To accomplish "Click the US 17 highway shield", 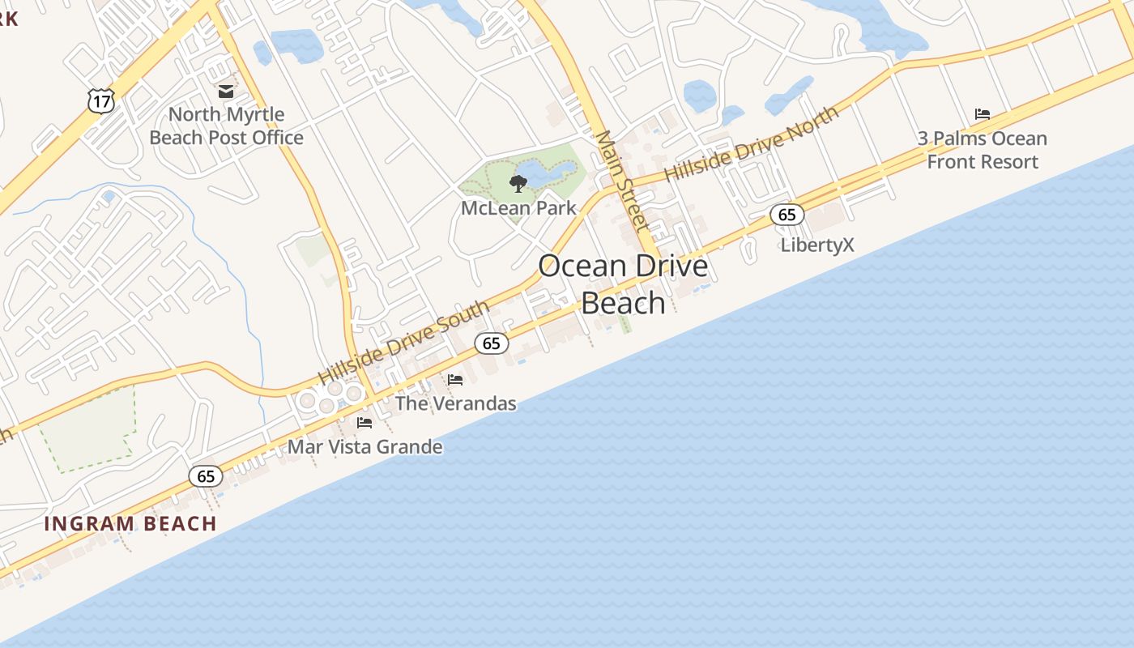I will (x=101, y=101).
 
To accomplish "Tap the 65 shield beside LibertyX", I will (x=787, y=215).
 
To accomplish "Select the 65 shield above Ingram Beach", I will (x=206, y=476).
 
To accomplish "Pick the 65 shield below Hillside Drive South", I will (x=492, y=343).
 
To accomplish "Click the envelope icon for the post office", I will (x=226, y=92).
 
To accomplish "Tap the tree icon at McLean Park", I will (x=518, y=184).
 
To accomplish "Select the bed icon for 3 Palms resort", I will (x=983, y=114).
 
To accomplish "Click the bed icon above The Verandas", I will (x=455, y=379).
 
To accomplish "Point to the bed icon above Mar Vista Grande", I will (x=364, y=422).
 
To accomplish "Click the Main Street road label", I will (x=622, y=181).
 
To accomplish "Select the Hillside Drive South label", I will (x=403, y=343).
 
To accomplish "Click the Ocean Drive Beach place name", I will (x=623, y=284).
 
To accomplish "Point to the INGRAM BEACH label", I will (x=130, y=524).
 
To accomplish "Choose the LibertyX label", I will (x=817, y=245).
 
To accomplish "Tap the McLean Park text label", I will (x=518, y=208).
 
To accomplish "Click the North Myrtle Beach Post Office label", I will (x=226, y=126).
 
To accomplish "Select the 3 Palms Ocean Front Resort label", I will (x=983, y=150).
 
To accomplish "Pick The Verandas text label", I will (x=455, y=403).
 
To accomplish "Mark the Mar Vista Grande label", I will (x=365, y=447).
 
